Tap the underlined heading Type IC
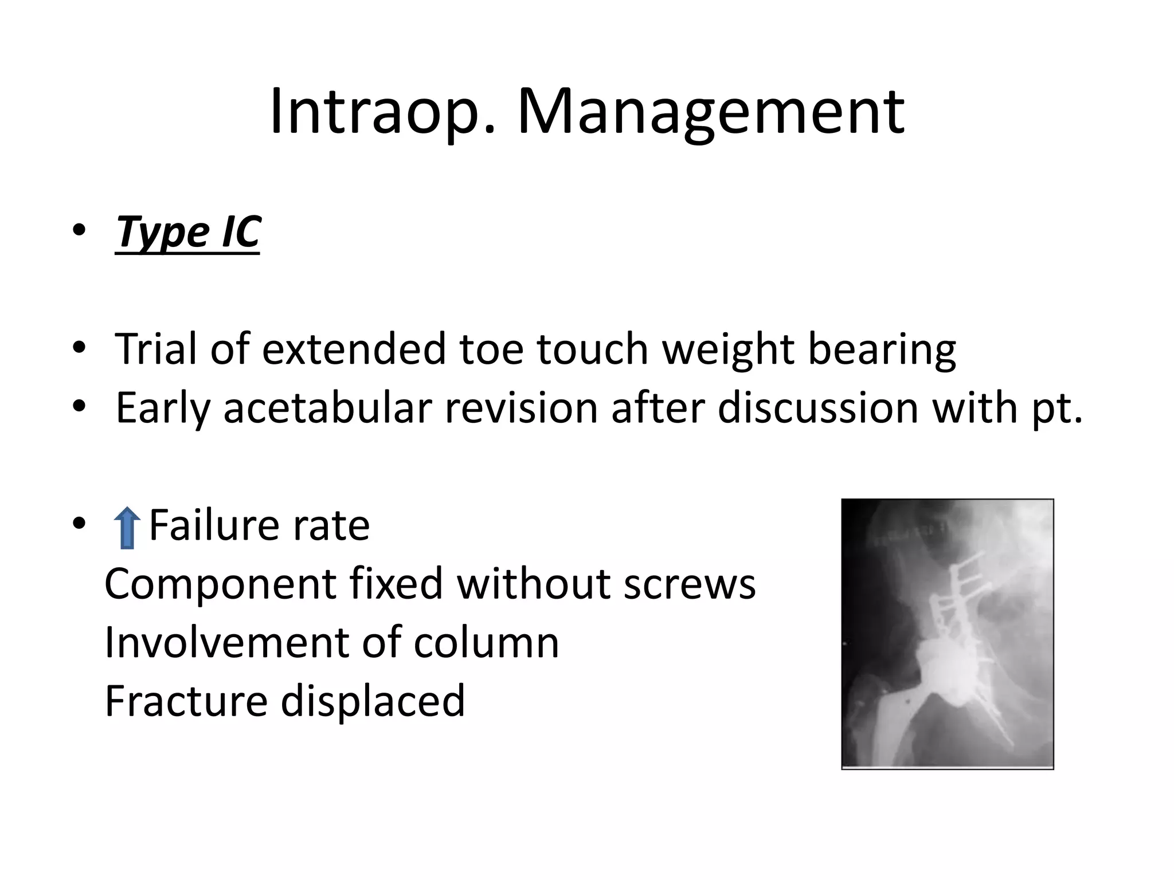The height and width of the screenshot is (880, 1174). (x=187, y=232)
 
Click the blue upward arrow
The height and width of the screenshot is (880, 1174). (x=127, y=528)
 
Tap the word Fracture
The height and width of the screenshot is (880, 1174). (x=185, y=701)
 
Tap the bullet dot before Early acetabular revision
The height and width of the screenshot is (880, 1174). (x=80, y=406)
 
